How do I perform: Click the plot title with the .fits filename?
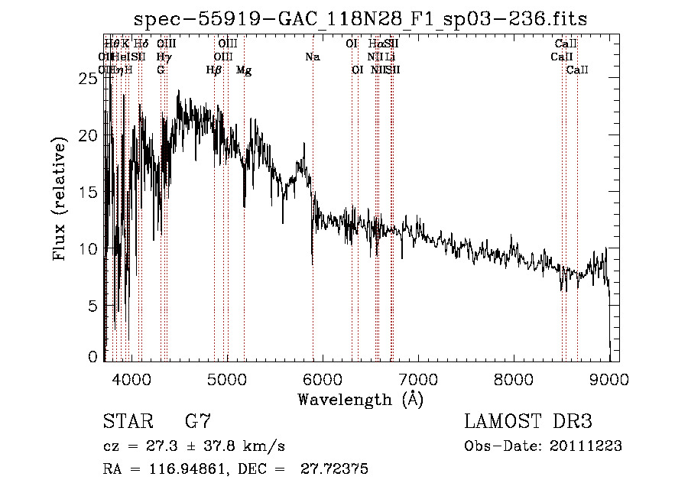pyautogui.click(x=361, y=19)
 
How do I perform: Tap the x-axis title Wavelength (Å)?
pyautogui.click(x=360, y=398)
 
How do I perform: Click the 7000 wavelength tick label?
pyautogui.click(x=418, y=379)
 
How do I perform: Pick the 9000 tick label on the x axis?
pyautogui.click(x=609, y=379)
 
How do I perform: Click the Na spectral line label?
pyautogui.click(x=312, y=57)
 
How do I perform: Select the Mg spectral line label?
pyautogui.click(x=244, y=70)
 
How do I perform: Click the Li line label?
pyautogui.click(x=390, y=57)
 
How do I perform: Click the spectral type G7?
pyautogui.click(x=197, y=421)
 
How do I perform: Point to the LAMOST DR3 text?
pyautogui.click(x=528, y=421)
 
